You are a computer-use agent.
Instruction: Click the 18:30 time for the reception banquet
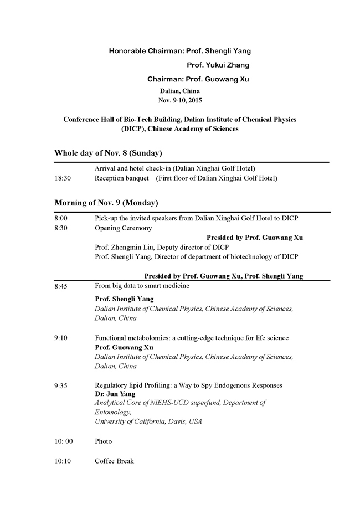click(63, 178)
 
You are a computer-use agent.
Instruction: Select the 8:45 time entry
click(61, 286)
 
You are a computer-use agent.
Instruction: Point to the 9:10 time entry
click(61, 338)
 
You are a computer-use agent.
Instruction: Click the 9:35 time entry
click(61, 385)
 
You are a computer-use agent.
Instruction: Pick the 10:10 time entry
click(63, 461)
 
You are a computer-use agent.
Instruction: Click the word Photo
click(103, 441)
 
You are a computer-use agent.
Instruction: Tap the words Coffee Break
click(114, 461)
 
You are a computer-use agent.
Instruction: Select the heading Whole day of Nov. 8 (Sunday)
click(108, 153)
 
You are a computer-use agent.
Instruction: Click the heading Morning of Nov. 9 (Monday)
click(106, 203)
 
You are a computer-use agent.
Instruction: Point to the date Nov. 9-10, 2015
click(180, 100)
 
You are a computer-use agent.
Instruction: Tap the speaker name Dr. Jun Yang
click(115, 394)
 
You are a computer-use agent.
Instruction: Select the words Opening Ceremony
click(123, 228)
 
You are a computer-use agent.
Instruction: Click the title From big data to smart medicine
click(142, 286)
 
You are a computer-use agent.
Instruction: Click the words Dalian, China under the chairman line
click(180, 91)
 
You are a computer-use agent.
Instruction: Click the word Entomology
click(112, 412)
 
